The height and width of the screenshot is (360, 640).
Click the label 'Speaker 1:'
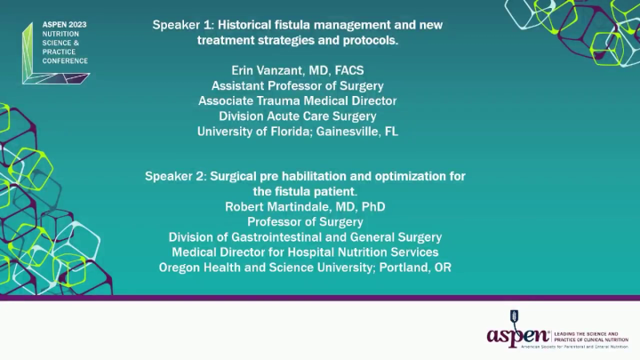185,25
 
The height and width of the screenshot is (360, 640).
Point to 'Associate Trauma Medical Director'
298,100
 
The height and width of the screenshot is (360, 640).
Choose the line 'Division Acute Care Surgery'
298,116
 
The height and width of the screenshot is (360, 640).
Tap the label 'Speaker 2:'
176,176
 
